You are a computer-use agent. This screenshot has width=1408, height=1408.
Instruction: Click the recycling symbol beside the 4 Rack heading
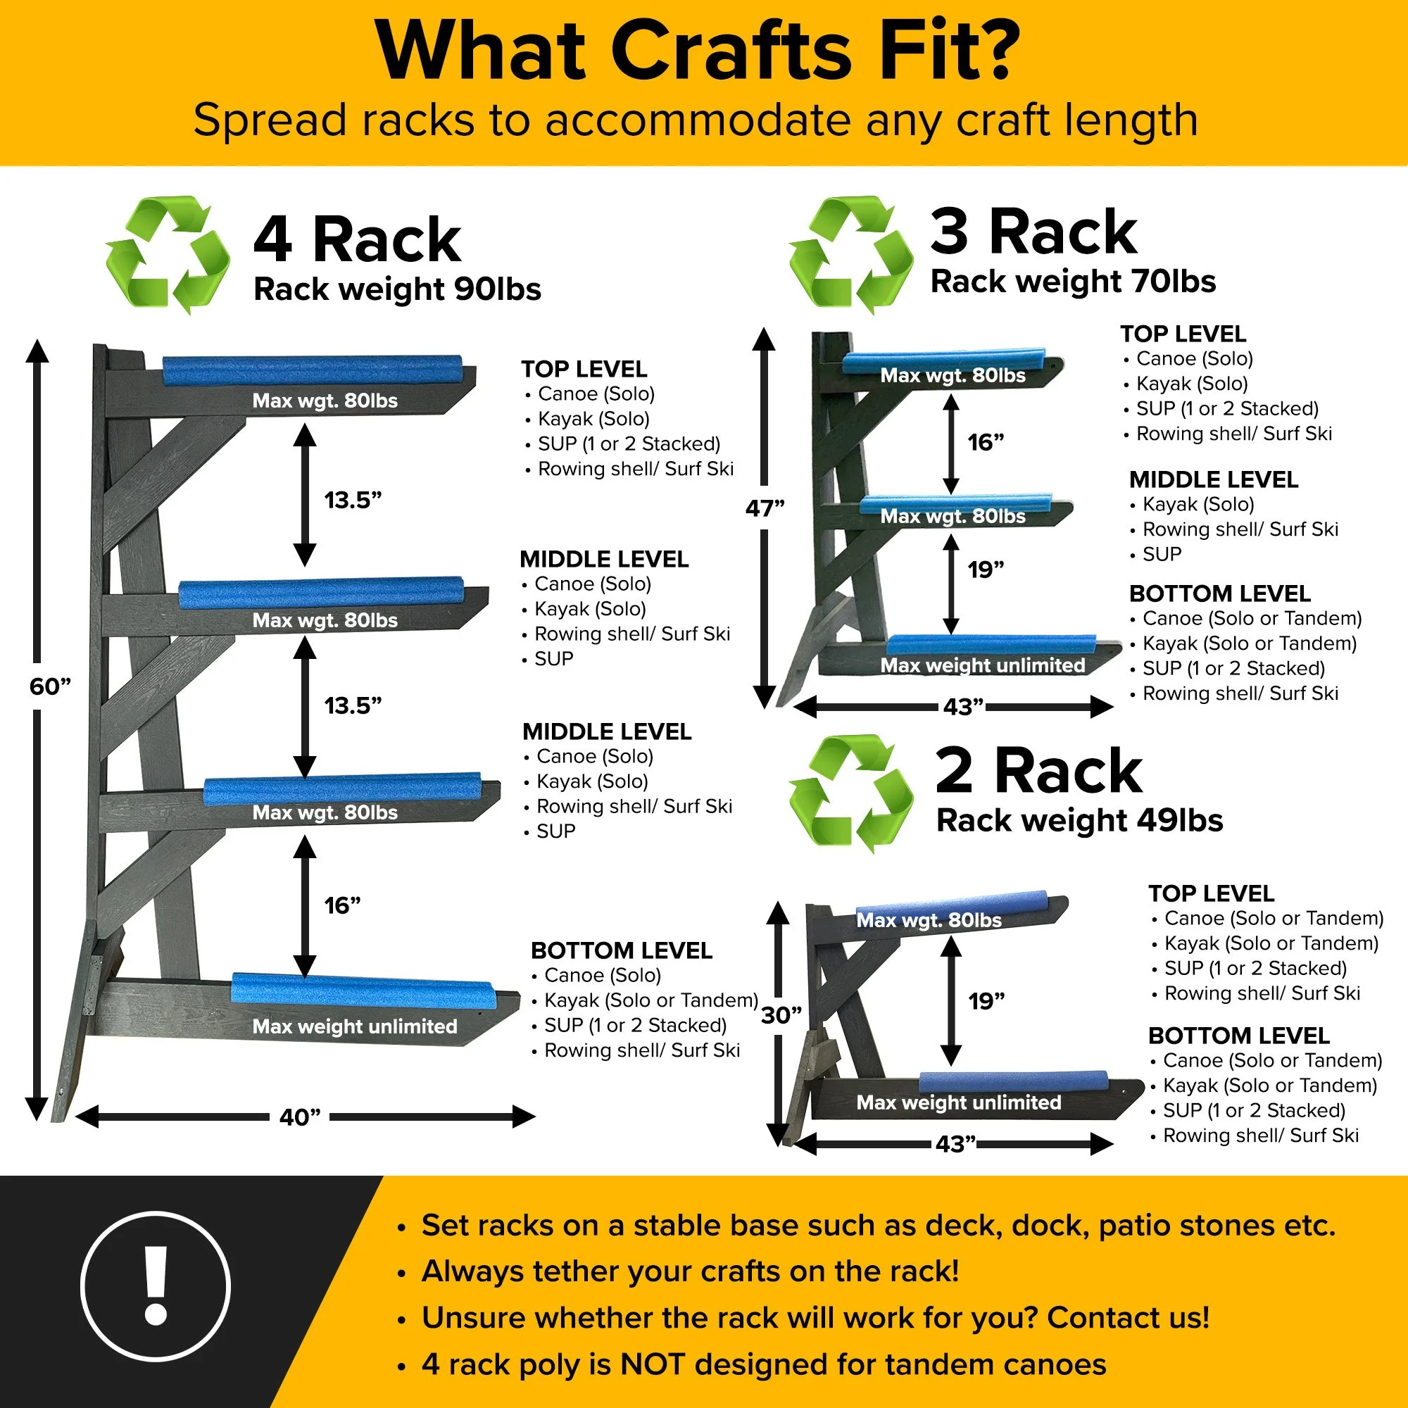tap(168, 255)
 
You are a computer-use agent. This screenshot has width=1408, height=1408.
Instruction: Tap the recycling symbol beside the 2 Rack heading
tap(851, 793)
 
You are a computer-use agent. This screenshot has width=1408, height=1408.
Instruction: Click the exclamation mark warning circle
tap(155, 1287)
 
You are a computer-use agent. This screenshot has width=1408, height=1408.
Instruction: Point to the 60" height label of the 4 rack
tap(50, 686)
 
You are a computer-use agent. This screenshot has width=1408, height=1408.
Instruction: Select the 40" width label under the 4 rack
tap(299, 1117)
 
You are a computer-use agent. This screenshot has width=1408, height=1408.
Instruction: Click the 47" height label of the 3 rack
tap(765, 508)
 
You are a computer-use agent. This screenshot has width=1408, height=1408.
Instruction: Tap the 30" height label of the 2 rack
tap(781, 1015)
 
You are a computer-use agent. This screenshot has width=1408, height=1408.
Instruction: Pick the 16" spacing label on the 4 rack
tap(343, 905)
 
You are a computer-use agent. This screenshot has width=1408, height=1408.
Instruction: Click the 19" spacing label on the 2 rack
tap(987, 1001)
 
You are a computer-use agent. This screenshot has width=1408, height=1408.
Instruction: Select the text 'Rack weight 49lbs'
tap(1079, 821)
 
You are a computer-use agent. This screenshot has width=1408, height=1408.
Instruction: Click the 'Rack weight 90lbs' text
tap(397, 289)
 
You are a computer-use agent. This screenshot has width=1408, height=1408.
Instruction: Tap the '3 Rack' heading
tap(1033, 232)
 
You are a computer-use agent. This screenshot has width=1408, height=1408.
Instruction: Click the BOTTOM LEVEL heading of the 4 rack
tap(622, 950)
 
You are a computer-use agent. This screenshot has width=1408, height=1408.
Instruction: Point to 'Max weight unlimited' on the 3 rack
tap(983, 665)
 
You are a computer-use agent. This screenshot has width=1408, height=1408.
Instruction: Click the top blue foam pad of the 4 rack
tap(313, 370)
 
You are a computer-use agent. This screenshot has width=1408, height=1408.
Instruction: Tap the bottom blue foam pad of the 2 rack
tap(1014, 1081)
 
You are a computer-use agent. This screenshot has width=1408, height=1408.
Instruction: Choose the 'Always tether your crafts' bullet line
tap(689, 1271)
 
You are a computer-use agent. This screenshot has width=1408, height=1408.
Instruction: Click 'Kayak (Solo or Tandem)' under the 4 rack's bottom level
tap(651, 1000)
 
